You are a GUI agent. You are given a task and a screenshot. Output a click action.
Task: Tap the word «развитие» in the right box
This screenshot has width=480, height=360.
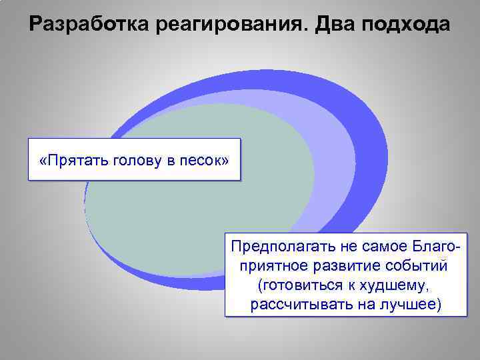[351, 266]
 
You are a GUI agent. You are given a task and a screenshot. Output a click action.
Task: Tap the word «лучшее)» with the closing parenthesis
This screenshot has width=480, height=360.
[408, 305]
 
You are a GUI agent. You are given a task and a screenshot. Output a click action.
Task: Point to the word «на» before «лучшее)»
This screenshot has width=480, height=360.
[361, 305]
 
